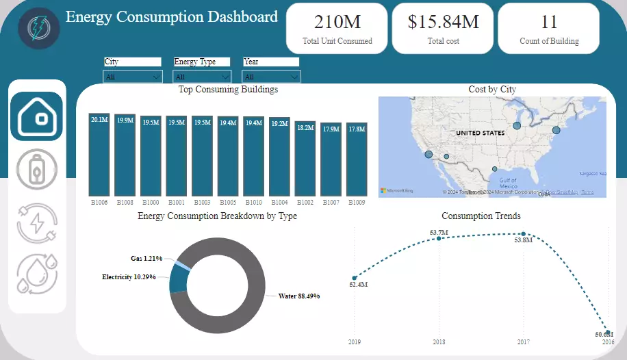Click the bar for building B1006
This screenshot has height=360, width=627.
pyautogui.click(x=99, y=155)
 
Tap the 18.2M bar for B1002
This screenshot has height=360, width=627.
pyautogui.click(x=305, y=159)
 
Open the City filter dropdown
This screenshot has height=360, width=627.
pyautogui.click(x=133, y=77)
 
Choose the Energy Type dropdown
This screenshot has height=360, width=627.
pyautogui.click(x=203, y=77)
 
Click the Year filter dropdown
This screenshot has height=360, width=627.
pyautogui.click(x=271, y=77)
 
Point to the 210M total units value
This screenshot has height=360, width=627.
pyautogui.click(x=337, y=23)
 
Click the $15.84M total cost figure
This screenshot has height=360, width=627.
pyautogui.click(x=443, y=23)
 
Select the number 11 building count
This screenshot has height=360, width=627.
pyautogui.click(x=549, y=23)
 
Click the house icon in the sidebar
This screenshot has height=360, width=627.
pyautogui.click(x=36, y=116)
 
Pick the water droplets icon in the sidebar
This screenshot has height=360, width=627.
pyautogui.click(x=37, y=274)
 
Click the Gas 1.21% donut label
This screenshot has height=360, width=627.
pyautogui.click(x=146, y=259)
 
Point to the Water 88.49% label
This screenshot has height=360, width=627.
pyautogui.click(x=299, y=296)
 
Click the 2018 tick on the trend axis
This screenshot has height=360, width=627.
pyautogui.click(x=439, y=342)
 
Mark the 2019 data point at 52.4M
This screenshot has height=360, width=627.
pyautogui.click(x=355, y=277)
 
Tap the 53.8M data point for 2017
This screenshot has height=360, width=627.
pyautogui.click(x=524, y=234)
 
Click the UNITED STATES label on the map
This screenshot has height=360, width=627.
pyautogui.click(x=480, y=133)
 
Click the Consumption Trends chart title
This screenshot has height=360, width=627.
pyautogui.click(x=481, y=216)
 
